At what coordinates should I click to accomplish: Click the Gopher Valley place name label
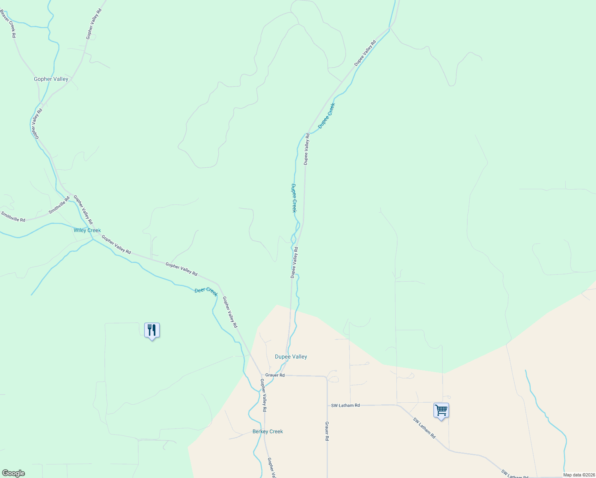click(x=51, y=79)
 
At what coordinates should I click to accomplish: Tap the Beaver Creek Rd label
click(x=8, y=24)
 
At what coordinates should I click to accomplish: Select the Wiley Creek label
click(x=87, y=230)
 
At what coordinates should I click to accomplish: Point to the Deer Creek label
click(x=206, y=292)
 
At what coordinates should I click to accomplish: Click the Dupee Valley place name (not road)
click(x=291, y=357)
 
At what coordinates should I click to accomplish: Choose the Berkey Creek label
click(x=268, y=431)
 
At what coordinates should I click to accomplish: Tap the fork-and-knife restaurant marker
click(x=152, y=330)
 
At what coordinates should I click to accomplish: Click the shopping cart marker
click(x=441, y=410)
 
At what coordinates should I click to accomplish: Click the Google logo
click(x=13, y=473)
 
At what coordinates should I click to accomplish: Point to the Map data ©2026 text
click(x=578, y=475)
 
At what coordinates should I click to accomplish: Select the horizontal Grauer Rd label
click(x=275, y=375)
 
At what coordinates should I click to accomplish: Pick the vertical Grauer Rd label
click(x=327, y=431)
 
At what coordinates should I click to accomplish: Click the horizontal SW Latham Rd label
click(x=345, y=406)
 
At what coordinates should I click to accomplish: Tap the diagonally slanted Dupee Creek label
click(x=326, y=116)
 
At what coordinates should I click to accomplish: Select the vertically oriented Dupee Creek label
click(x=294, y=198)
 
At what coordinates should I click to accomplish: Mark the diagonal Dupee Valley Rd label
click(x=365, y=53)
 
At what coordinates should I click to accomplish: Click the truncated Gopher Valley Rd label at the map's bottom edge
click(x=271, y=468)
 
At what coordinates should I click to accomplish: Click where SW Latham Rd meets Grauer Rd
click(x=327, y=405)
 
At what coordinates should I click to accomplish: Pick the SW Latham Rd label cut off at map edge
click(x=515, y=474)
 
